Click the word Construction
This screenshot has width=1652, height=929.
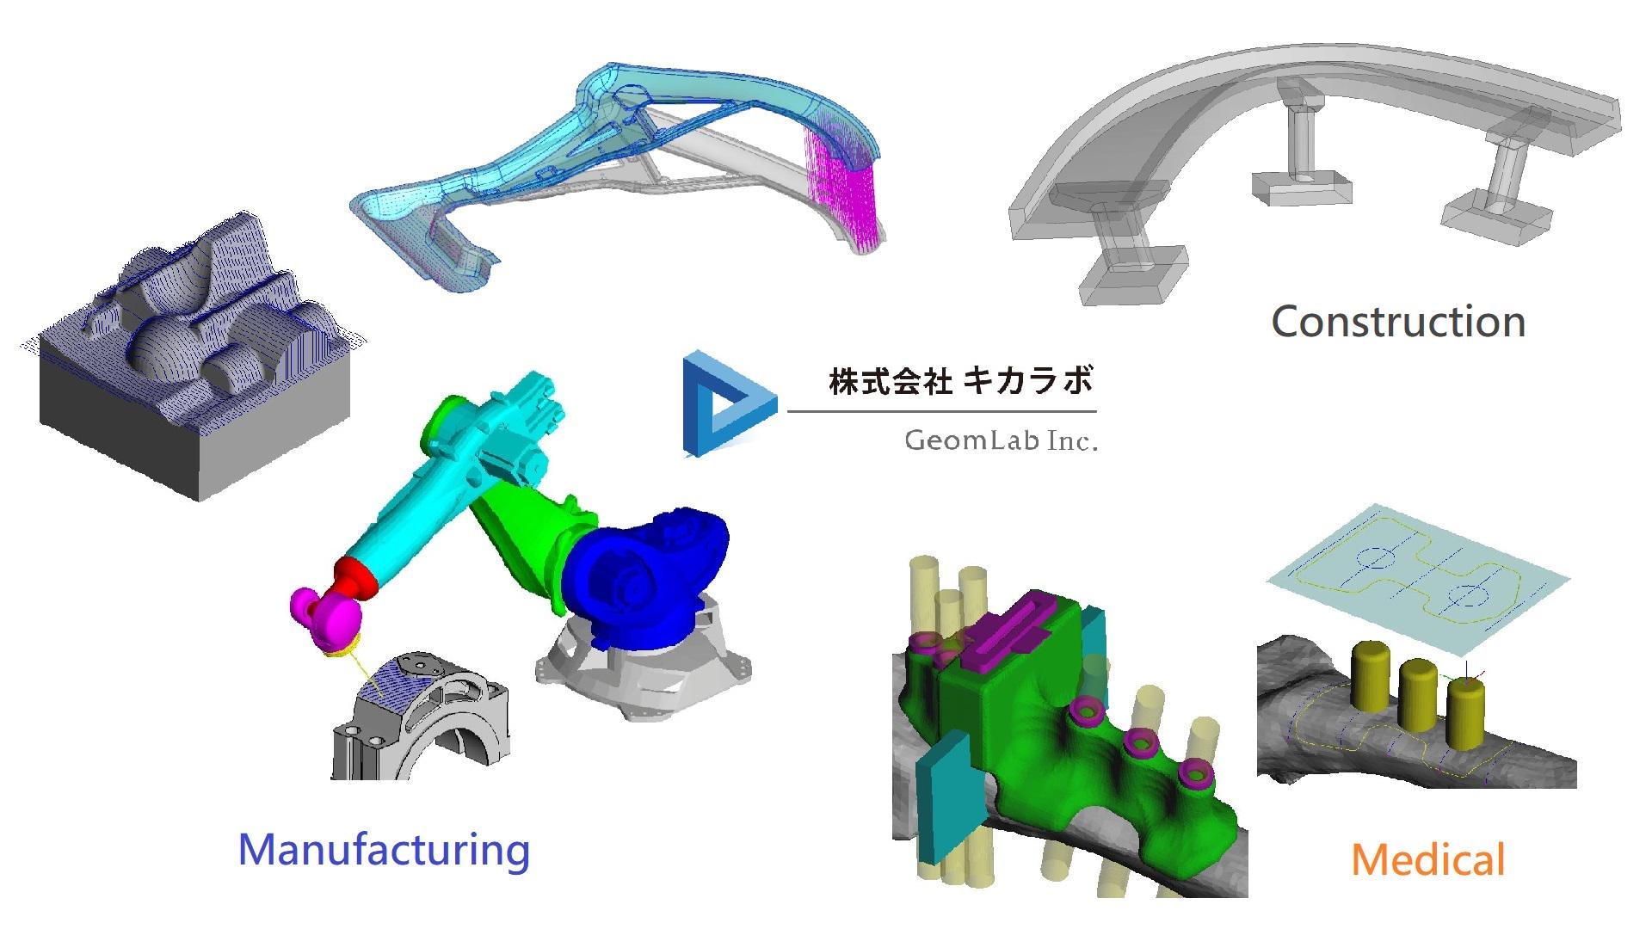click(1398, 322)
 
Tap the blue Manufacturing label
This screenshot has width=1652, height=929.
click(384, 849)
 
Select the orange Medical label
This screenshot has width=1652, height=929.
click(1427, 859)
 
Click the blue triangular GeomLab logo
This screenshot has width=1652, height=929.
click(728, 403)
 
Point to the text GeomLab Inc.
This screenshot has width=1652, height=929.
click(1001, 440)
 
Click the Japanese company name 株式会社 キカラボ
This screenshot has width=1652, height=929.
click(961, 380)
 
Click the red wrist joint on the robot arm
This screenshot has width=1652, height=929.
click(356, 576)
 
